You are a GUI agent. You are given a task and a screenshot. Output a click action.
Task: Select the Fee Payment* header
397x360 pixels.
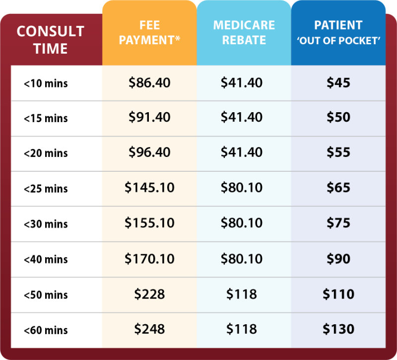pos(149,32)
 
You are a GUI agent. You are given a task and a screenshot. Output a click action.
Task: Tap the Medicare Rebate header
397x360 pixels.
pos(243,32)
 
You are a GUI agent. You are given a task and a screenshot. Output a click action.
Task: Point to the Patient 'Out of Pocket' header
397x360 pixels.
pos(338,32)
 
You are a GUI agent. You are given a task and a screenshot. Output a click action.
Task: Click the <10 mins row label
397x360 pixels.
pos(46,83)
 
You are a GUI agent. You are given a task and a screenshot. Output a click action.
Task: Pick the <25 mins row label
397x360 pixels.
pos(46,189)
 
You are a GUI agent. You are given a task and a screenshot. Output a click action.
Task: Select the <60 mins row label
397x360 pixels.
pos(46,330)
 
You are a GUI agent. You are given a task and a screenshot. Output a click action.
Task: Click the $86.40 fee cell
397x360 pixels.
pos(149,82)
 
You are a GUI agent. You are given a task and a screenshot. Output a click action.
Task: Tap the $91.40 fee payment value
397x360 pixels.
pos(149,118)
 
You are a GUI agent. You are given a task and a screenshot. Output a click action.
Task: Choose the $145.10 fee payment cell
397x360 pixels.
pos(149,188)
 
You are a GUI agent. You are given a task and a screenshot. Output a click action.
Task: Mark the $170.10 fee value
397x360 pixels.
pos(149,258)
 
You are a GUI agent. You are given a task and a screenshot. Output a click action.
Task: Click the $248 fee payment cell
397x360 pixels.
pos(149,329)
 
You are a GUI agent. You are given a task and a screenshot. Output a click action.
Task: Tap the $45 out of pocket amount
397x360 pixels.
pos(338,82)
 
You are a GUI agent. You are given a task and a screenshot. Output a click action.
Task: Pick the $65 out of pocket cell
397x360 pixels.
pos(338,188)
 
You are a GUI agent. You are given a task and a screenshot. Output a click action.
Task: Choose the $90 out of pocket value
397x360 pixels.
pos(338,258)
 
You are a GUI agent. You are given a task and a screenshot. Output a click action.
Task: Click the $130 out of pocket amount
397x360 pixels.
pos(338,329)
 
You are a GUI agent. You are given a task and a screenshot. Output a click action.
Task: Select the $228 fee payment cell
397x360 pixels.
pos(149,293)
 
